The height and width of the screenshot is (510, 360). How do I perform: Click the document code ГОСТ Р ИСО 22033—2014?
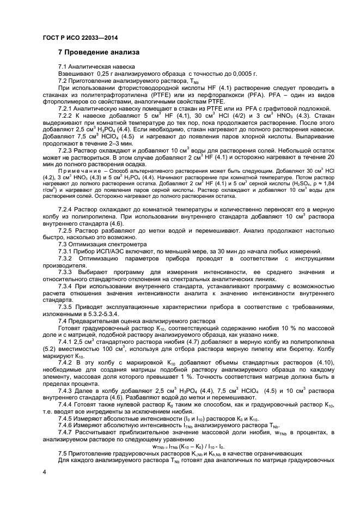(80, 38)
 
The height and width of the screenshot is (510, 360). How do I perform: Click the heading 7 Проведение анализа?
(99, 53)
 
